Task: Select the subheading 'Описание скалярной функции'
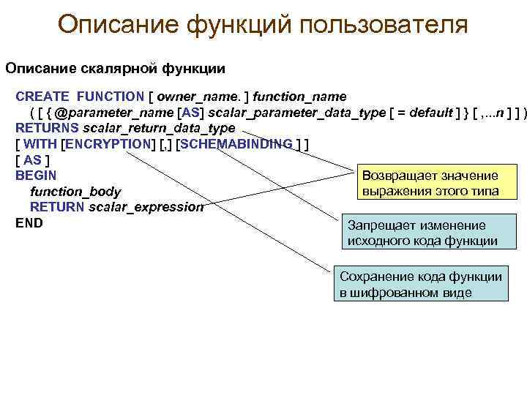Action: click(x=116, y=68)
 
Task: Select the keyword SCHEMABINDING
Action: click(x=236, y=144)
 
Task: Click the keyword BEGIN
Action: click(x=36, y=176)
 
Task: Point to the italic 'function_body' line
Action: click(x=75, y=192)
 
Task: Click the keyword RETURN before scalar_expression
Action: click(x=57, y=207)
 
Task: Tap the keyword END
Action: click(x=29, y=222)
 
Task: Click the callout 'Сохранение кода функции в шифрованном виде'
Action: click(x=421, y=285)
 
